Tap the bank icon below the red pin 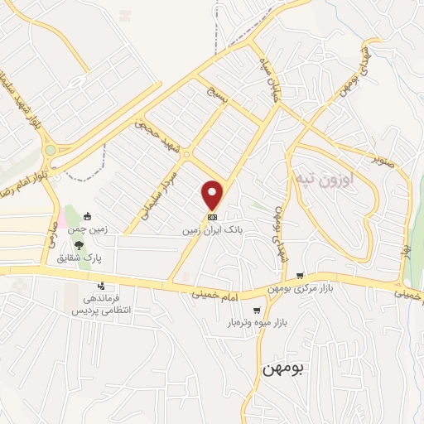point(213,216)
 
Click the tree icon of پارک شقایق point(79,244)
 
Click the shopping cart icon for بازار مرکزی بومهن point(300,276)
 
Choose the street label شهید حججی point(156,132)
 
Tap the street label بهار point(405,246)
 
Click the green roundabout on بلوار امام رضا point(51,150)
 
